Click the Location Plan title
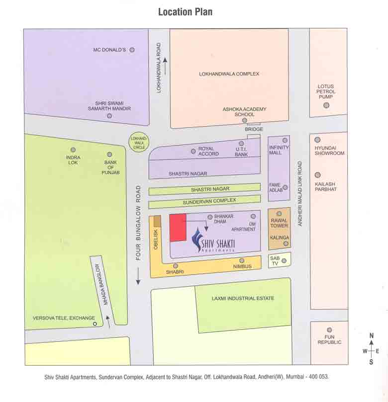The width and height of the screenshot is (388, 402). click(x=185, y=11)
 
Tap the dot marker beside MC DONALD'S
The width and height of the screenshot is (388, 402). click(x=132, y=50)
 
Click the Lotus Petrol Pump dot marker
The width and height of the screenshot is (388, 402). click(x=326, y=105)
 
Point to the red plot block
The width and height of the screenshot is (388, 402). click(x=178, y=228)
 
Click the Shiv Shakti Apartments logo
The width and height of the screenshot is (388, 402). click(x=214, y=241)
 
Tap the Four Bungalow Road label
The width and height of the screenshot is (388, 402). click(x=139, y=224)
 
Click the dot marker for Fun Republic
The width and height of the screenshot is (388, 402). click(x=329, y=329)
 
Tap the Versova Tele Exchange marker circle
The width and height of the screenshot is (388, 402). click(x=95, y=324)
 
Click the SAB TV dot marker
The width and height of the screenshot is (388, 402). click(x=284, y=260)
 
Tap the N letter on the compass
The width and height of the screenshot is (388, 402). click(x=371, y=336)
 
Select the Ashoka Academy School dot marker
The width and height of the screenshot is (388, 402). click(x=244, y=120)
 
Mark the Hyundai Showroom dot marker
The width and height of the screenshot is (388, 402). click(x=317, y=140)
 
